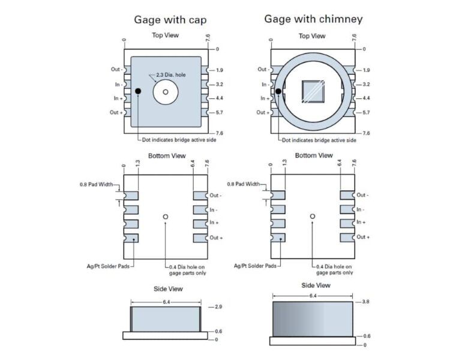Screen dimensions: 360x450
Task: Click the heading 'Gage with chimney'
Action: pyautogui.click(x=313, y=19)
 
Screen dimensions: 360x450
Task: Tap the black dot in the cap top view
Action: pyautogui.click(x=139, y=91)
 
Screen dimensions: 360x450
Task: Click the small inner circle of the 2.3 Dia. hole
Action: pyautogui.click(x=166, y=92)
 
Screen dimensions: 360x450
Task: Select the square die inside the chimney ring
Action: pyautogui.click(x=314, y=91)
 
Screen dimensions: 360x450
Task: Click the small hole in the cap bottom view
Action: pyautogui.click(x=166, y=217)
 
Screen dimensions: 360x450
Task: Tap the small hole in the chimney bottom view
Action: pyautogui.click(x=313, y=216)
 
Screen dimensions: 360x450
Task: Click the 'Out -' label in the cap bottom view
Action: pyautogui.click(x=216, y=196)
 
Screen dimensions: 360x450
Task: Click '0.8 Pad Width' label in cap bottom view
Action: pyautogui.click(x=98, y=184)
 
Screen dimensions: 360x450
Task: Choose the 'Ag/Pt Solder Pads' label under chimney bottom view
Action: pyautogui.click(x=254, y=265)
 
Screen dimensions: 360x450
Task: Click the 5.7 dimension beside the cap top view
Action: pyautogui.click(x=218, y=113)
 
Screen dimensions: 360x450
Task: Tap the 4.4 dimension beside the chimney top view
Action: pyautogui.click(x=366, y=98)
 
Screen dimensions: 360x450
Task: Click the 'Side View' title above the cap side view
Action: pyautogui.click(x=167, y=289)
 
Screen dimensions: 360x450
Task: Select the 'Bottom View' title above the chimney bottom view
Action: pyautogui.click(x=313, y=155)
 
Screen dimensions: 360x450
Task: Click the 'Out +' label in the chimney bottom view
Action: pyautogui.click(x=363, y=237)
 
